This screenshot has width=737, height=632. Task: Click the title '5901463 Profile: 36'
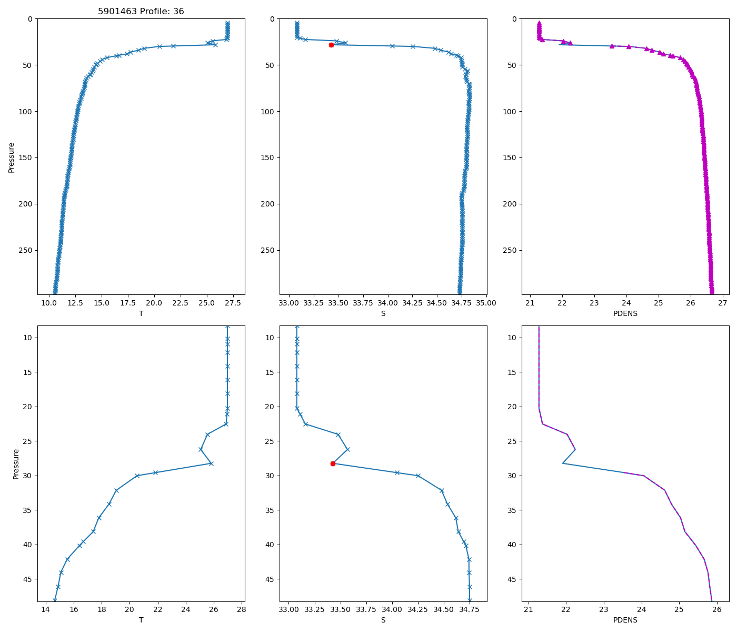[x=141, y=12]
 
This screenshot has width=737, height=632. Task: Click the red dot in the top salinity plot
[x=331, y=45]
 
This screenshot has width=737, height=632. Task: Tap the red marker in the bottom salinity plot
[x=333, y=463]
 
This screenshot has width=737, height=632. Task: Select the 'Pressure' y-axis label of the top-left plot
[x=11, y=157]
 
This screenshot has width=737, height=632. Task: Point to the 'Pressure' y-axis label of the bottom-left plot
[x=16, y=463]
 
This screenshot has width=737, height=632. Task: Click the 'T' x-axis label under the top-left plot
[x=141, y=313]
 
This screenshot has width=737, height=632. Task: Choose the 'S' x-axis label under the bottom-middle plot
[x=383, y=620]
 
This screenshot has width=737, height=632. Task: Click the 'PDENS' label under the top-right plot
[x=625, y=313]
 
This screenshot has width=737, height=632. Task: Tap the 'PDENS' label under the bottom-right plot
[x=625, y=620]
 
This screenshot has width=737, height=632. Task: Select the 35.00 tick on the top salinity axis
[x=486, y=303]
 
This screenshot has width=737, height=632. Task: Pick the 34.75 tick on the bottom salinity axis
[x=469, y=610]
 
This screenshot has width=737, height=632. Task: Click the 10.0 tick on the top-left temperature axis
[x=49, y=303]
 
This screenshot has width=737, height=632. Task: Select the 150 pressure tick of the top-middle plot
[x=268, y=157]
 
